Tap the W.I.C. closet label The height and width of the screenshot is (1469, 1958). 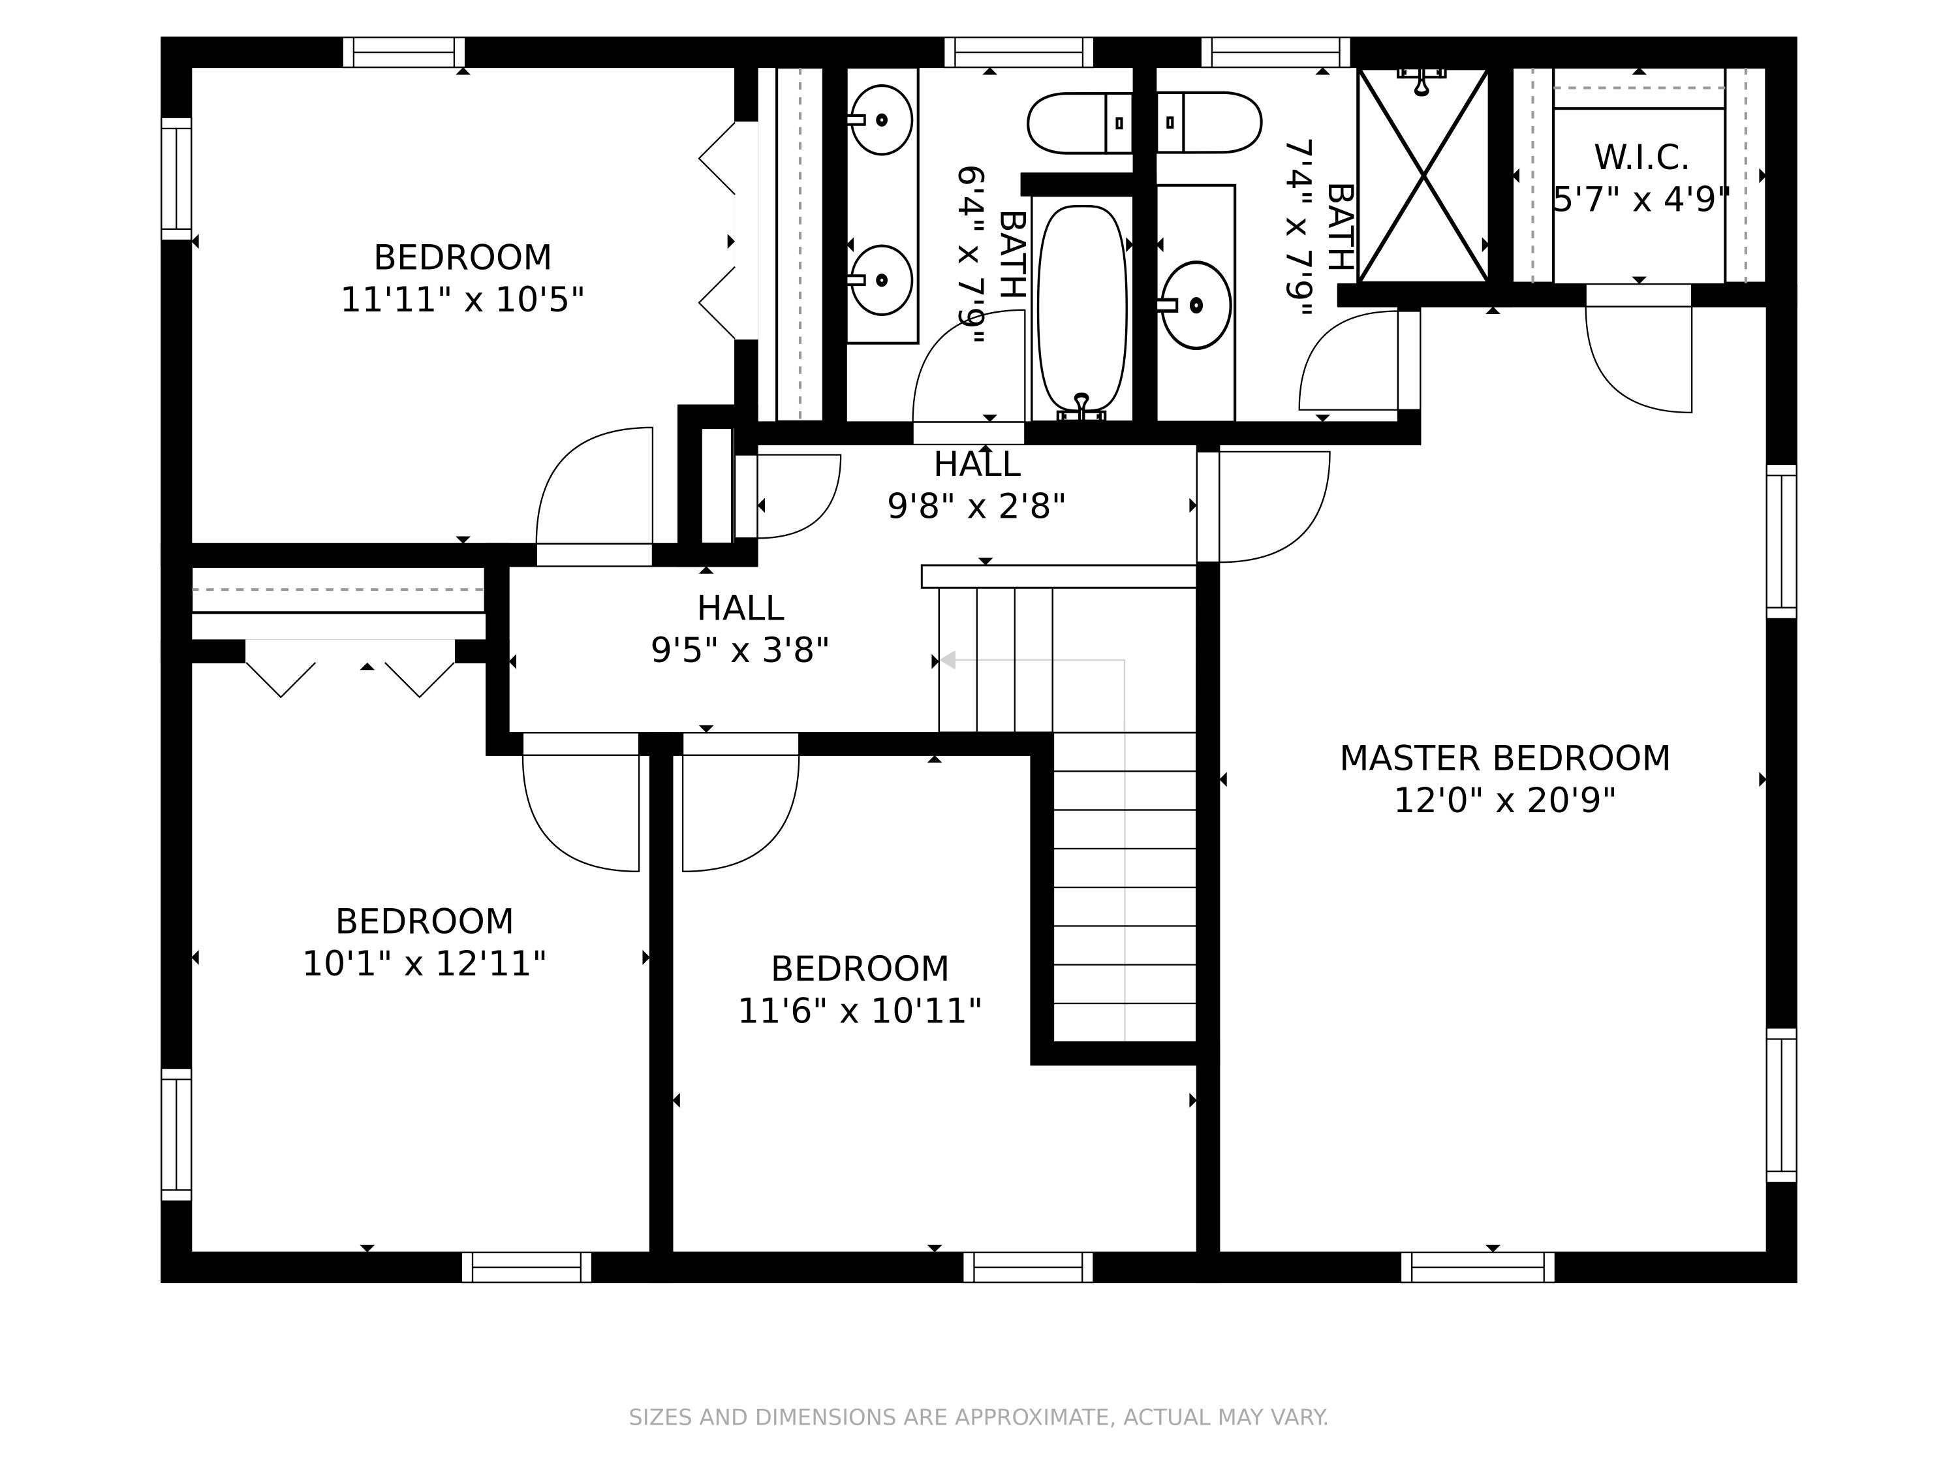pyautogui.click(x=1641, y=157)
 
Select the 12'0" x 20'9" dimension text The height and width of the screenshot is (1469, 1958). pyautogui.click(x=1505, y=800)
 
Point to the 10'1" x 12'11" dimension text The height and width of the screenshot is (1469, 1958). pyautogui.click(x=424, y=964)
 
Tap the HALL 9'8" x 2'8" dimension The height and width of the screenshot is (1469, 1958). pyautogui.click(x=976, y=507)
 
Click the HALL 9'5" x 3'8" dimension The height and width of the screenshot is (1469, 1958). pyautogui.click(x=740, y=651)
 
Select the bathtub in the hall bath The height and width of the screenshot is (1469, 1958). pyautogui.click(x=1081, y=310)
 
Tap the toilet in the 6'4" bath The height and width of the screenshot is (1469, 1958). pyautogui.click(x=1080, y=123)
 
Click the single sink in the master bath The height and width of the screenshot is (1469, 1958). pyautogui.click(x=1195, y=305)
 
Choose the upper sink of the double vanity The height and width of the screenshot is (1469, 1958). pyautogui.click(x=880, y=119)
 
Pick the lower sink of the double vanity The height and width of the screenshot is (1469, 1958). pyautogui.click(x=880, y=280)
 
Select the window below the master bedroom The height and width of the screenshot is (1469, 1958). pyautogui.click(x=1478, y=1267)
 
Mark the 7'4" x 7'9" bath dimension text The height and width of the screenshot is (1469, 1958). pyautogui.click(x=1299, y=228)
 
